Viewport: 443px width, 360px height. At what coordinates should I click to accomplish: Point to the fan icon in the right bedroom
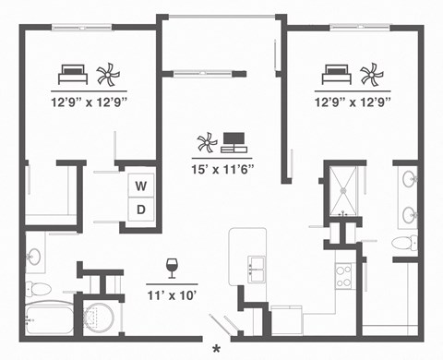(369, 73)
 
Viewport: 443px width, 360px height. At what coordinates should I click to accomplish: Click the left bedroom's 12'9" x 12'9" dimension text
(89, 102)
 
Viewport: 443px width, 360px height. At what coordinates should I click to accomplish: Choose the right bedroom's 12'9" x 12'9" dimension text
(353, 102)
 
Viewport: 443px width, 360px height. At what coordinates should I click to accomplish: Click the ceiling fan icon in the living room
(206, 142)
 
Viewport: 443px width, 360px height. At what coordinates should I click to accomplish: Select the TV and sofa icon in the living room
(233, 142)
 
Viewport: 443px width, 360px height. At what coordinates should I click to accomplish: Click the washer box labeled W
(141, 186)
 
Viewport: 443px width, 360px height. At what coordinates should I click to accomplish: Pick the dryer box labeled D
(141, 209)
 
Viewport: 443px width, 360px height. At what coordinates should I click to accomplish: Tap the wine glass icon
(172, 268)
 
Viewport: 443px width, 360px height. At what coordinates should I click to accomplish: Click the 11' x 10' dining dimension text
(173, 296)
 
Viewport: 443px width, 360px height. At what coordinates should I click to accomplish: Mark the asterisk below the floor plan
(217, 349)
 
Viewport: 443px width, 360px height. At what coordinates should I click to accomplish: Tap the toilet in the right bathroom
(403, 243)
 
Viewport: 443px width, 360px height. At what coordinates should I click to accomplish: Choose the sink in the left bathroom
(34, 256)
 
